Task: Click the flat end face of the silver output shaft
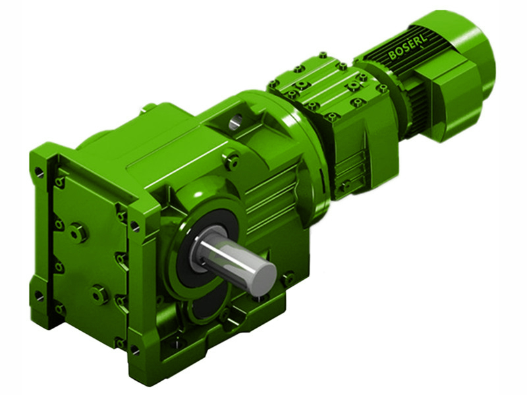click(263, 272)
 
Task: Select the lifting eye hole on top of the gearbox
click(236, 121)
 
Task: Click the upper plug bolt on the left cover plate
click(78, 232)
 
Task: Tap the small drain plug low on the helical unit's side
click(343, 186)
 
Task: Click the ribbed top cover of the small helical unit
click(316, 86)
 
